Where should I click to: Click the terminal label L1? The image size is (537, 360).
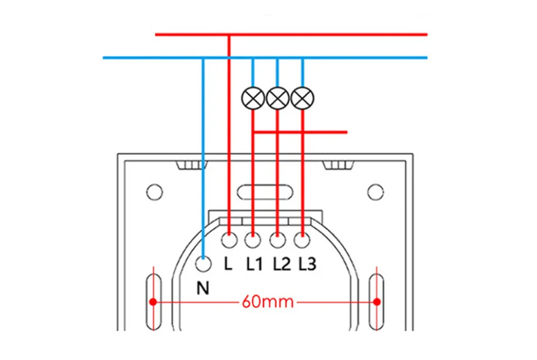254,264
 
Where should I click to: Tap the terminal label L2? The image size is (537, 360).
281,264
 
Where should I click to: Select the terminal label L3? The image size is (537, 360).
307,264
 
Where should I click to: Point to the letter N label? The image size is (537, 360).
203,288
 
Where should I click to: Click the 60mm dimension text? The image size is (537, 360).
268,302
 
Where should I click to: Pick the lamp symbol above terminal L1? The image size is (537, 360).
253,98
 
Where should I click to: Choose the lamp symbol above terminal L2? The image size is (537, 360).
277,98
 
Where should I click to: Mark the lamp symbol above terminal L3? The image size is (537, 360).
302,98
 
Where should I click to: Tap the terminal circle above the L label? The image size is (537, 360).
229,240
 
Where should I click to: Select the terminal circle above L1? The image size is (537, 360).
253,240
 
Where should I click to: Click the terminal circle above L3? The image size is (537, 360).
302,240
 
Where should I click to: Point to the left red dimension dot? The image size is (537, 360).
153,302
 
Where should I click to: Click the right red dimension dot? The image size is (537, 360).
377,302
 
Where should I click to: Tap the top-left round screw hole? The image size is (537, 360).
155,192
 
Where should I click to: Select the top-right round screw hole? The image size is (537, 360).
376,192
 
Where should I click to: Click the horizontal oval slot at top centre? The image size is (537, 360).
265,192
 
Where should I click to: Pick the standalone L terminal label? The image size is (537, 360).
228,264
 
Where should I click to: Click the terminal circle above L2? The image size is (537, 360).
277,240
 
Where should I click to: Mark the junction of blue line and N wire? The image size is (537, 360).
203,58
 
